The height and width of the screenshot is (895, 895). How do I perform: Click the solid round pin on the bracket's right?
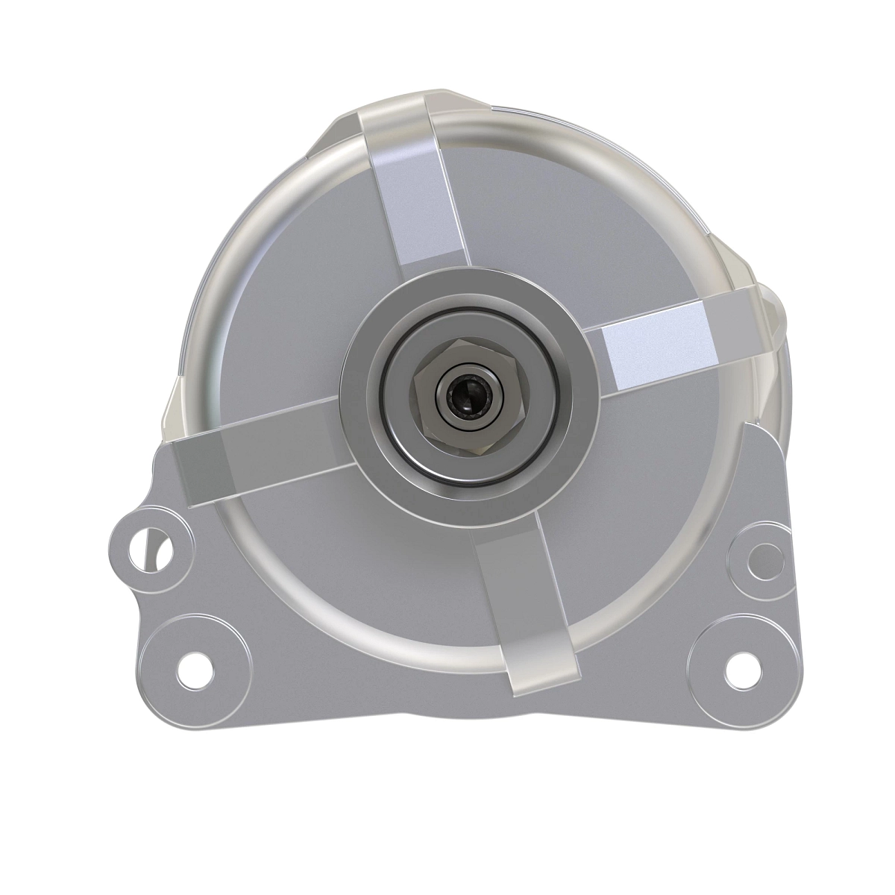point(762,554)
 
